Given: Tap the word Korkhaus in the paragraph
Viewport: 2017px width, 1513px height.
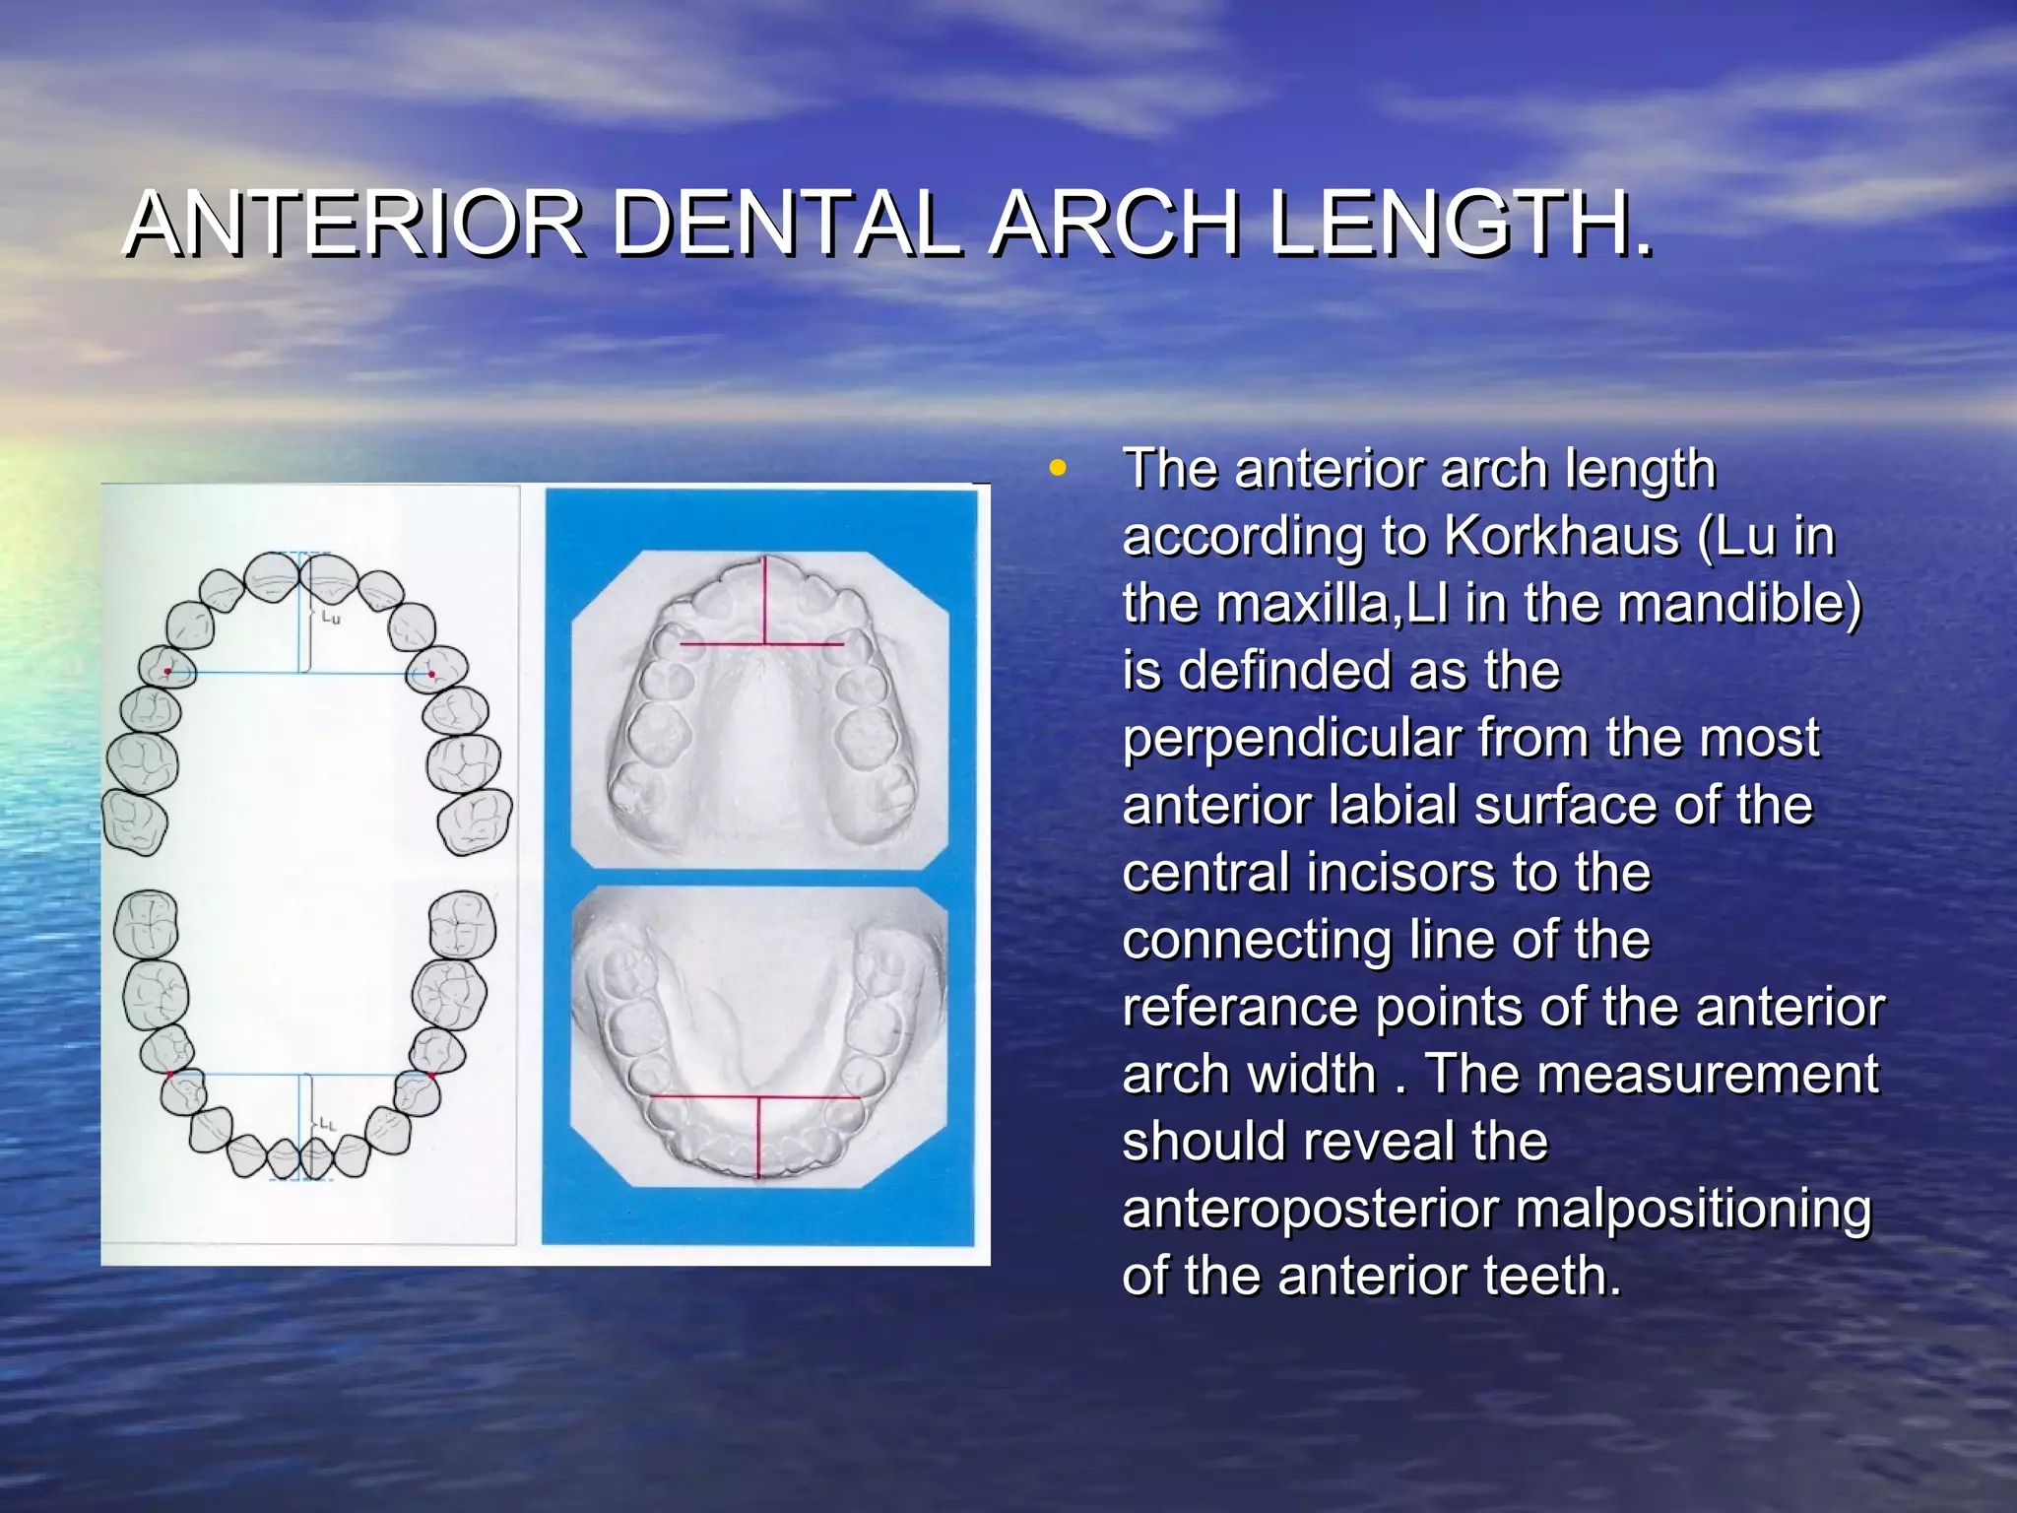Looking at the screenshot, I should coord(1562,537).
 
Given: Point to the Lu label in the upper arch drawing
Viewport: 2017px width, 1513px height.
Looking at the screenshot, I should coord(331,619).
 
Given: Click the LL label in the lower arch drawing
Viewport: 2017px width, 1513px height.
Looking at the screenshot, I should coord(327,1124).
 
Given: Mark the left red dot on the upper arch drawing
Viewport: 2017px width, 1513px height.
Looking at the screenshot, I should coord(167,672).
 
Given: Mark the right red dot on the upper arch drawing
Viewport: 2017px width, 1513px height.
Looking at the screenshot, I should coord(431,674).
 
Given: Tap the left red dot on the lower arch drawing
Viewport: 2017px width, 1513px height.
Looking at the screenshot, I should coord(170,1074).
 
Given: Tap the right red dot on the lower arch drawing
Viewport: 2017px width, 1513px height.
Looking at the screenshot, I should coord(431,1075).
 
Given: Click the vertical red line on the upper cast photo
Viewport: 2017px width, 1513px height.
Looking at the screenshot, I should coord(765,601).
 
